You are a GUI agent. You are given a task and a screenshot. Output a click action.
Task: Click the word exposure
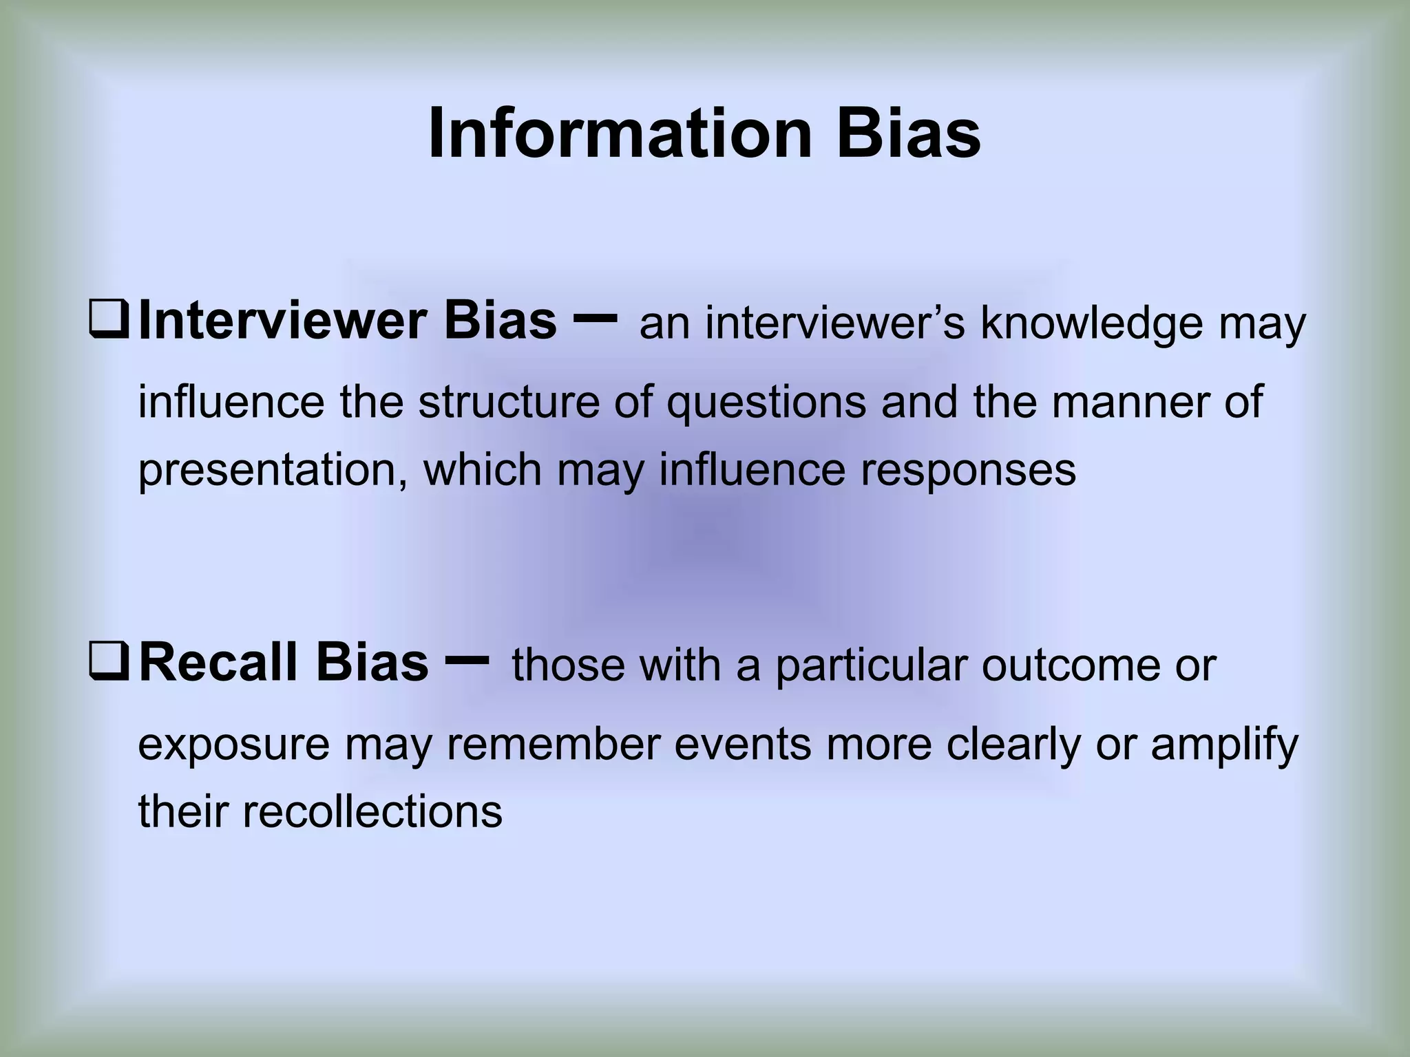point(234,745)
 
